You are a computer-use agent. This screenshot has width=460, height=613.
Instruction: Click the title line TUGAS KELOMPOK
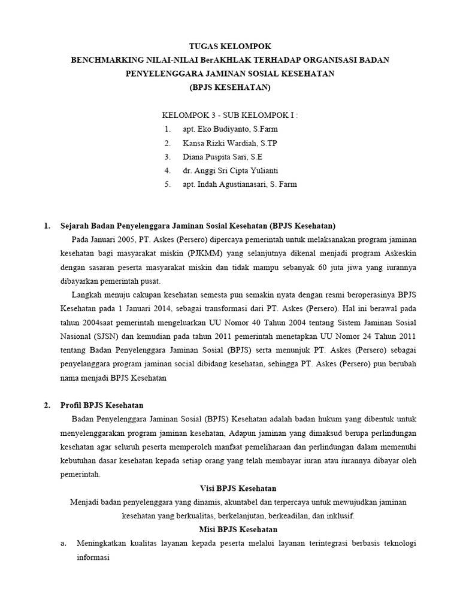tap(230, 45)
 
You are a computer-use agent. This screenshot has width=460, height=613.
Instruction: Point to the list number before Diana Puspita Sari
tap(167, 157)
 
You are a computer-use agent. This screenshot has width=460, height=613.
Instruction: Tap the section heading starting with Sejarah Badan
tap(198, 226)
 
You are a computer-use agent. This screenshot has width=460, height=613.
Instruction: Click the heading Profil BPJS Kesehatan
tap(102, 405)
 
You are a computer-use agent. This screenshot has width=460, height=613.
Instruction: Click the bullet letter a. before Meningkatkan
tap(47, 544)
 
